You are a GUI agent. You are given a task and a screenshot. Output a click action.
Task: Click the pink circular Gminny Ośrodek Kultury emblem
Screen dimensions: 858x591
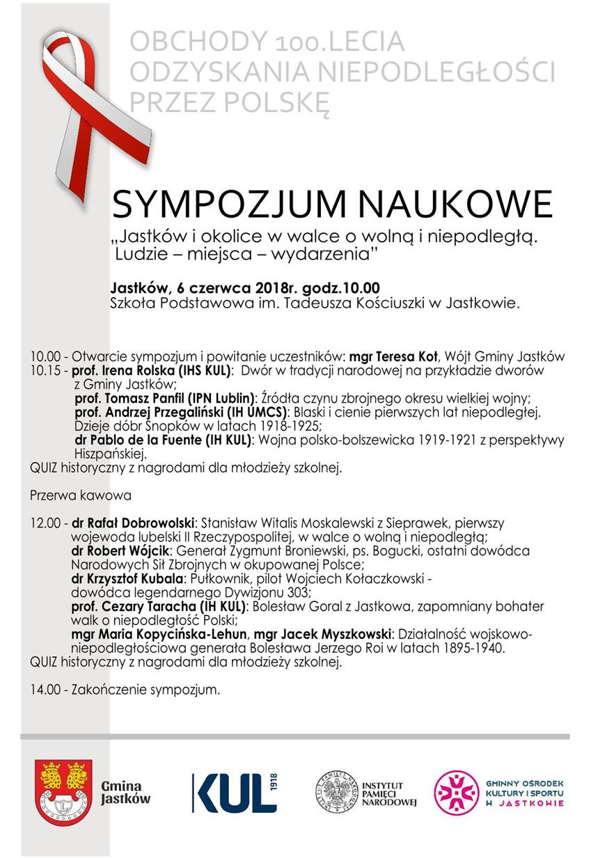pos(456,793)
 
